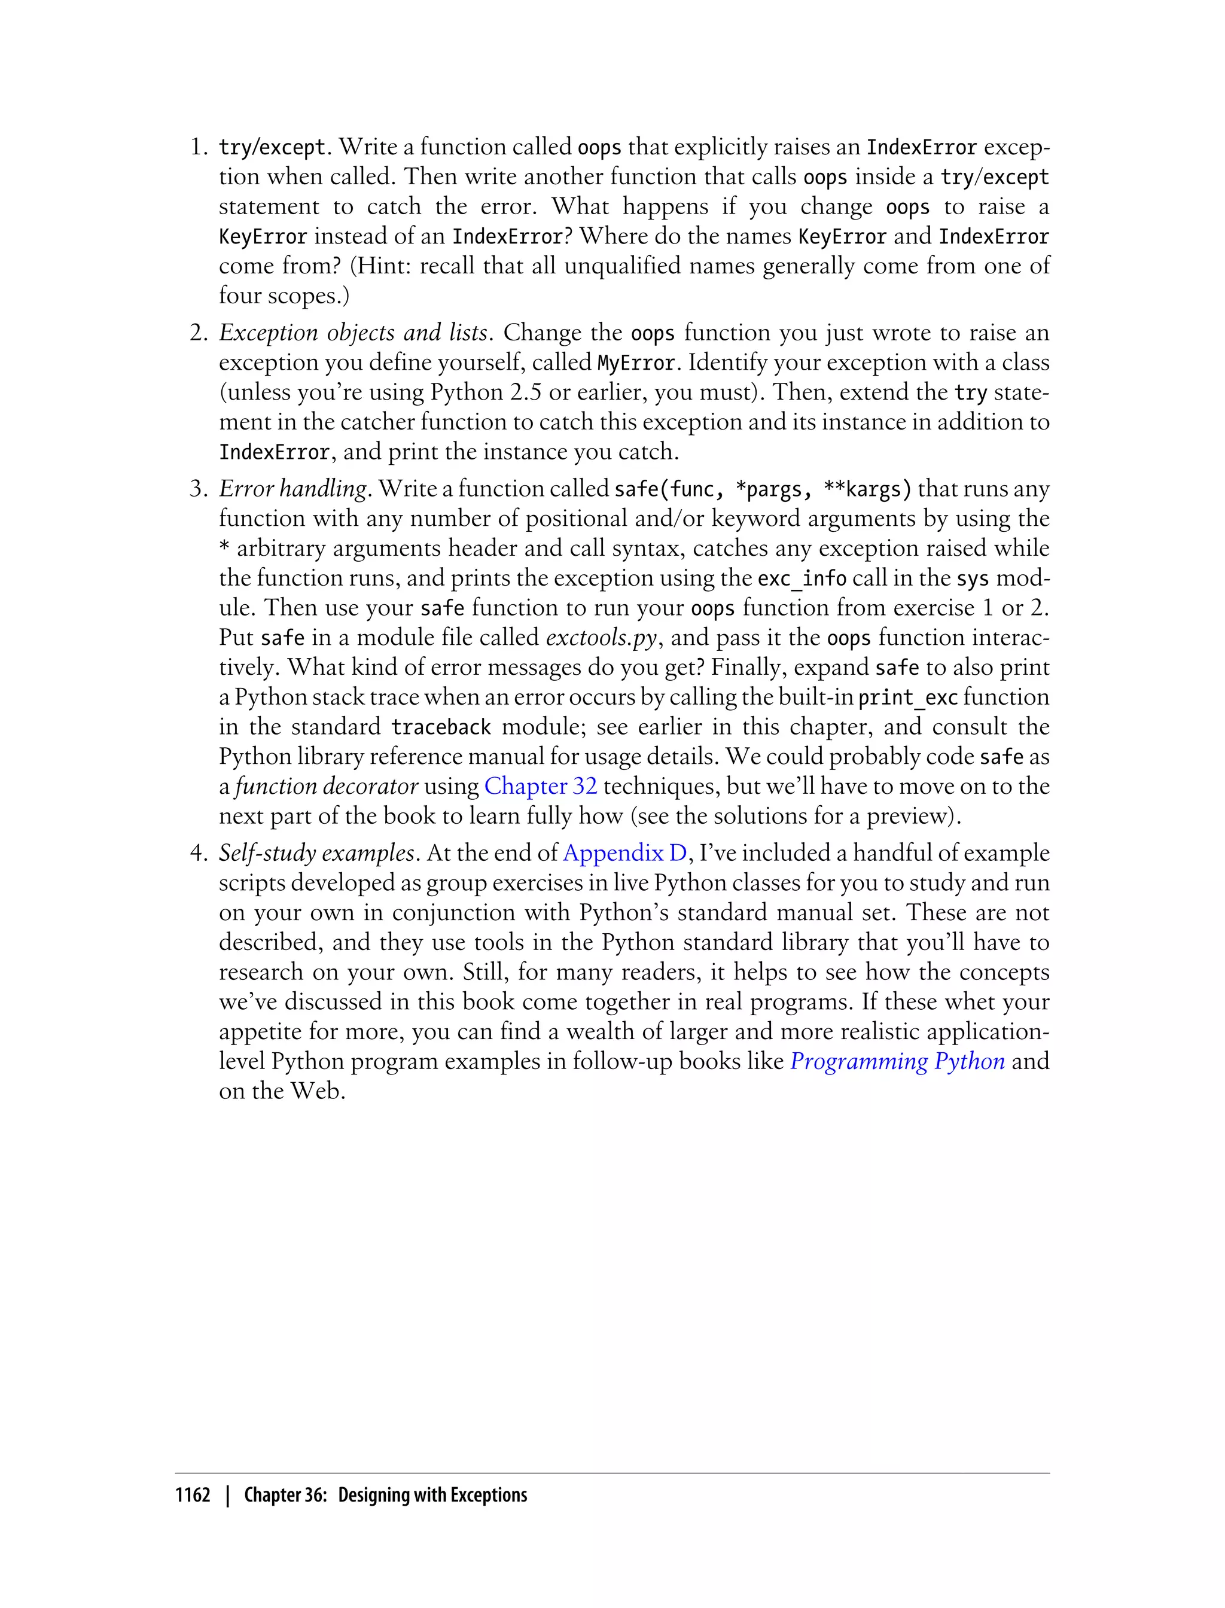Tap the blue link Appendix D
pos(625,852)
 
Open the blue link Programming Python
pos(897,1061)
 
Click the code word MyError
pos(636,363)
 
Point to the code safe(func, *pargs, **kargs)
pos(763,489)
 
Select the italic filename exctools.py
pos(602,637)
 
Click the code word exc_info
pos(802,579)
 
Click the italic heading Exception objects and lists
pos(353,333)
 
